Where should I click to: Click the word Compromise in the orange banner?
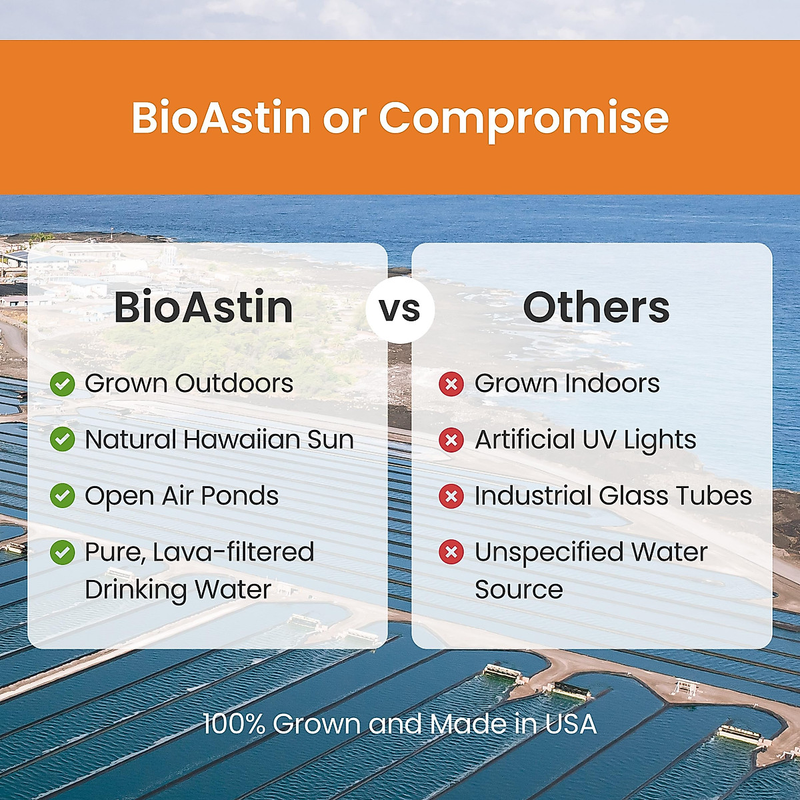523,119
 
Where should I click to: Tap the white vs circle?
400,310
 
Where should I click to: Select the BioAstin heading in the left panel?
204,307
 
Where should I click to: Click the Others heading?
596,307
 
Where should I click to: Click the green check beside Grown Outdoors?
62,384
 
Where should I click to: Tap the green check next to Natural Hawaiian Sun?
62,439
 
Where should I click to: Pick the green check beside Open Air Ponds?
62,496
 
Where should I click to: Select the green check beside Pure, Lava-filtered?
62,552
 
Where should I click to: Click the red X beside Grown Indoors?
451,384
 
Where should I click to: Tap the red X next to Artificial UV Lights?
451,439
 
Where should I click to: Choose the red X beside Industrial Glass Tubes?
451,496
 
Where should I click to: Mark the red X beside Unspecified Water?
451,552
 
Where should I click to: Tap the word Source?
519,589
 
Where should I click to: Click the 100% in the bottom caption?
234,724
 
